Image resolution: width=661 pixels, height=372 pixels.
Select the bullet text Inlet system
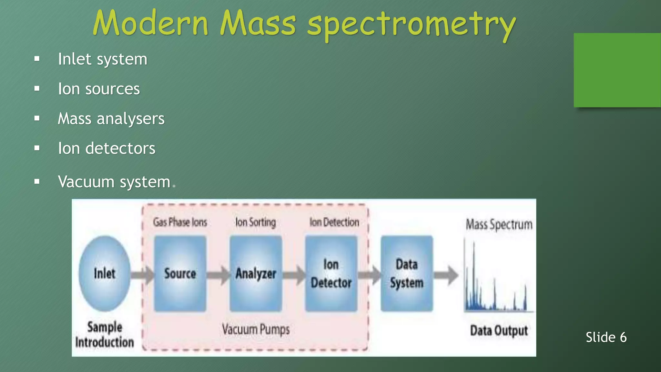click(103, 59)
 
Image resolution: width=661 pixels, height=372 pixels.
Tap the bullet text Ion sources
click(99, 89)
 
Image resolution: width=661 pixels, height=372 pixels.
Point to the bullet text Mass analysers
click(111, 119)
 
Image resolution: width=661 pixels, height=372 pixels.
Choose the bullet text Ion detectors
click(107, 149)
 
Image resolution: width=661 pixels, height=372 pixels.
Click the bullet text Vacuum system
click(114, 182)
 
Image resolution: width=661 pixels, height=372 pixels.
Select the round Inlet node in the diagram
click(105, 274)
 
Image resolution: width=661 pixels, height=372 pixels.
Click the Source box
click(180, 274)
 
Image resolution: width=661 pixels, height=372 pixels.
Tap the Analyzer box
click(256, 274)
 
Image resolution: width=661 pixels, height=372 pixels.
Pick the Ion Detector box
click(331, 274)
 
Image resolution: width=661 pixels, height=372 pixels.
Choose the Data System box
click(407, 274)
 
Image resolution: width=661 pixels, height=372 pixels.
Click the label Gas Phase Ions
click(180, 222)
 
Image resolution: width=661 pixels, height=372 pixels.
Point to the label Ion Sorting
click(256, 222)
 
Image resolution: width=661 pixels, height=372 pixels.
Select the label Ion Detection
click(334, 222)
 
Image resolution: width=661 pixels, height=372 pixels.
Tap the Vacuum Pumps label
click(256, 330)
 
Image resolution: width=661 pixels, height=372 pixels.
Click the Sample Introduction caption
click(105, 335)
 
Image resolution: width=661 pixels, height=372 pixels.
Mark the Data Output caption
click(499, 331)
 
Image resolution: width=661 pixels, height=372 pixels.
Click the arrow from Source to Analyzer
click(218, 275)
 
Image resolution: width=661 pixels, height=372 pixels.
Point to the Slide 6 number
click(606, 337)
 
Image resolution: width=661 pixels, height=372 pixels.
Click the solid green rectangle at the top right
click(617, 70)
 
